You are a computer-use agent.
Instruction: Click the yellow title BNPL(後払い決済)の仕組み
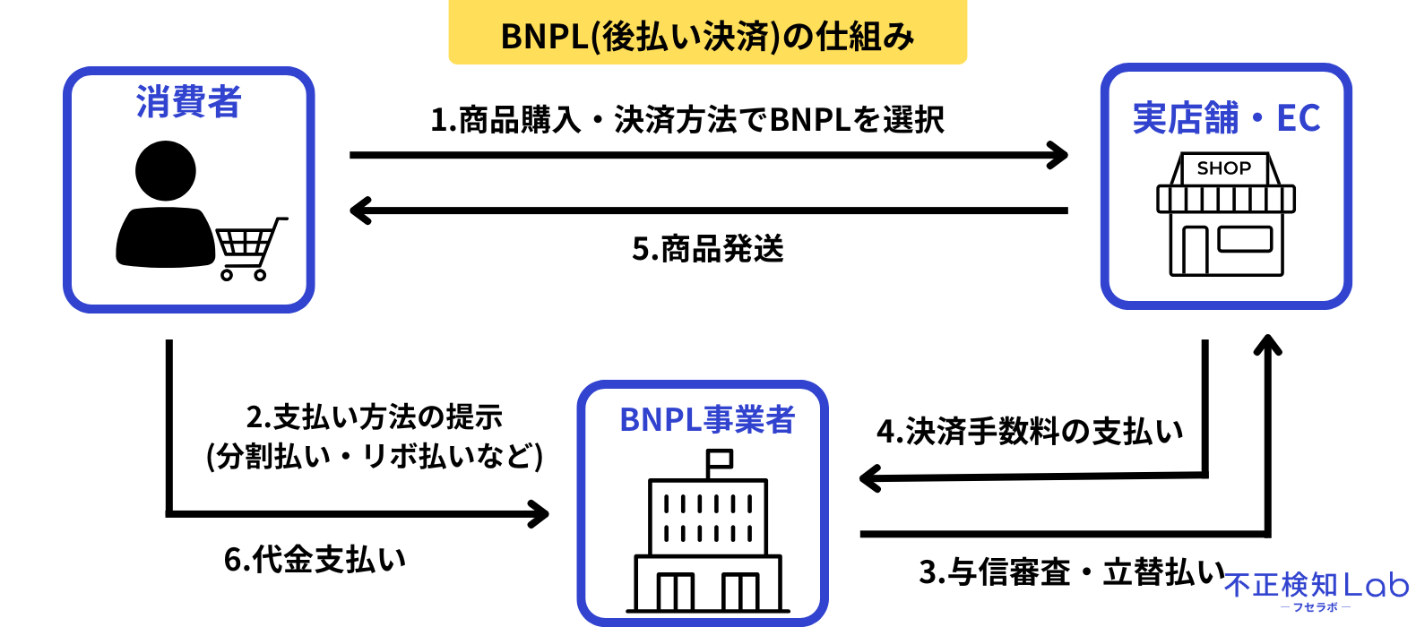(707, 36)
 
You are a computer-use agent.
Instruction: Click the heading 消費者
(188, 102)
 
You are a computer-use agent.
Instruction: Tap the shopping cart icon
(249, 247)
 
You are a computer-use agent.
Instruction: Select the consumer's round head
(166, 170)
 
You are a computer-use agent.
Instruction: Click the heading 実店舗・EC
(1226, 118)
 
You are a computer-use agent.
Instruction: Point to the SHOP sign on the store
(1224, 168)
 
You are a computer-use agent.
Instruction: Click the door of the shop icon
(1195, 250)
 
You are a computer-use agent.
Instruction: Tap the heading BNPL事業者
(707, 419)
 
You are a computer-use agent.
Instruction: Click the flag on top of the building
(719, 460)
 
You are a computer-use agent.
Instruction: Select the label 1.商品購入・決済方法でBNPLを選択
(687, 120)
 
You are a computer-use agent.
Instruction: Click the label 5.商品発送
(707, 249)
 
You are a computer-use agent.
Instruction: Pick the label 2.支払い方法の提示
(374, 417)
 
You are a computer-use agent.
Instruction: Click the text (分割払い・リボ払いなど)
(374, 457)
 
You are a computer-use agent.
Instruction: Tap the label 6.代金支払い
(315, 559)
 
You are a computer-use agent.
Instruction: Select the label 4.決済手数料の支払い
(1030, 432)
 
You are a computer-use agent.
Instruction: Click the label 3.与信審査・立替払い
(1072, 571)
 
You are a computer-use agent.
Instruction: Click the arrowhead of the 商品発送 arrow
(359, 211)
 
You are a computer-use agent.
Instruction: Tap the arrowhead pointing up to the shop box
(1267, 345)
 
